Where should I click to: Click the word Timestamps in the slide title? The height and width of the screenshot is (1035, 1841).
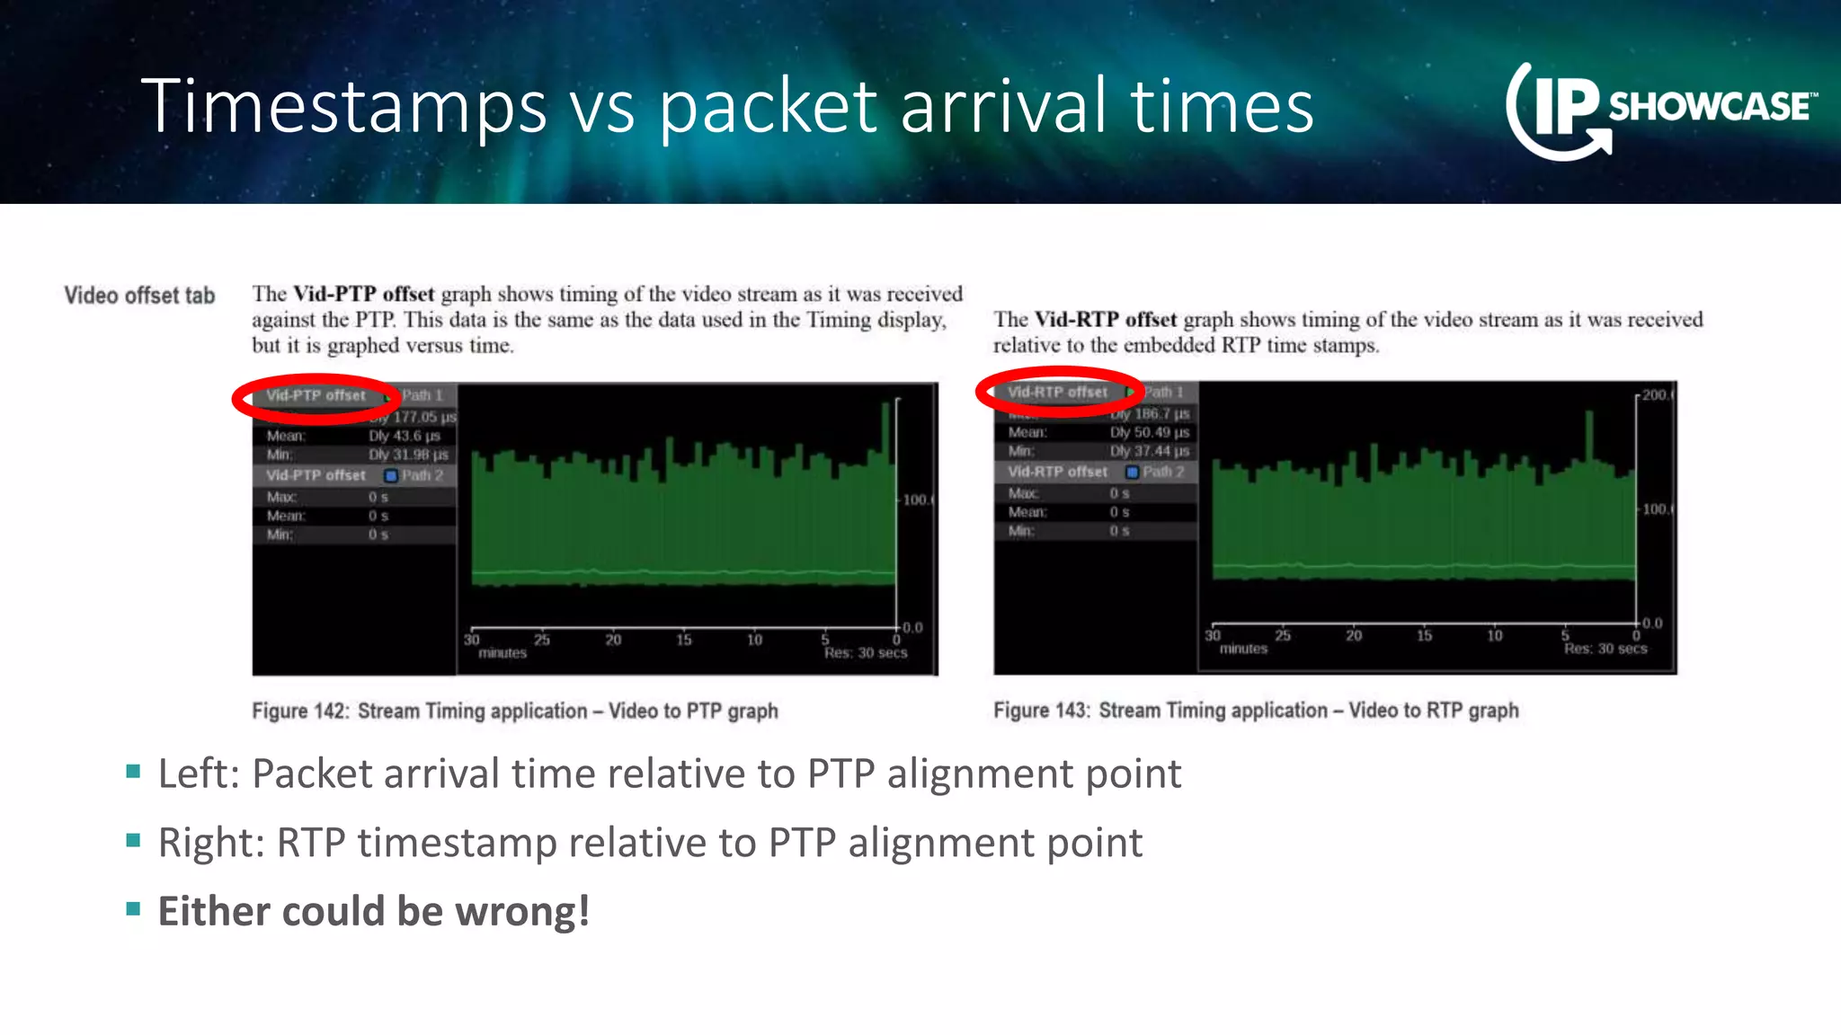[x=343, y=106]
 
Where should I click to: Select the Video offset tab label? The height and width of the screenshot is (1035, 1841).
[x=139, y=296]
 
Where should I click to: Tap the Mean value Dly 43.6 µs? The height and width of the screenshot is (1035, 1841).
[x=405, y=436]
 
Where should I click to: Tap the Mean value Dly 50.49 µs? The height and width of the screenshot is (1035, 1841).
[x=1149, y=432]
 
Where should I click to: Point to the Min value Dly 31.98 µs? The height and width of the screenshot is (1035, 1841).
[x=408, y=455]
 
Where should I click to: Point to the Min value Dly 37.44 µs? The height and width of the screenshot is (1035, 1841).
[x=1149, y=451]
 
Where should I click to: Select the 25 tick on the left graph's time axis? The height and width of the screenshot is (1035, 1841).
[x=542, y=640]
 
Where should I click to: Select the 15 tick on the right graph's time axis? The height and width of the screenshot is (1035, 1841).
[x=1424, y=635]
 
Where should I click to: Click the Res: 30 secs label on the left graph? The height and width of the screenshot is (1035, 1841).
[x=866, y=653]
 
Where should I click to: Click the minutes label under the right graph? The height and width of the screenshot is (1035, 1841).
[x=1243, y=649]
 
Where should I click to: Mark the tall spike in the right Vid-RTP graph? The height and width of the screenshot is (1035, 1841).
[x=1589, y=436]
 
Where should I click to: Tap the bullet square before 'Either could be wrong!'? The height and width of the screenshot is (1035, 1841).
[x=134, y=908]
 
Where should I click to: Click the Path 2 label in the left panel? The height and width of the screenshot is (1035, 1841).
[x=422, y=475]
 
